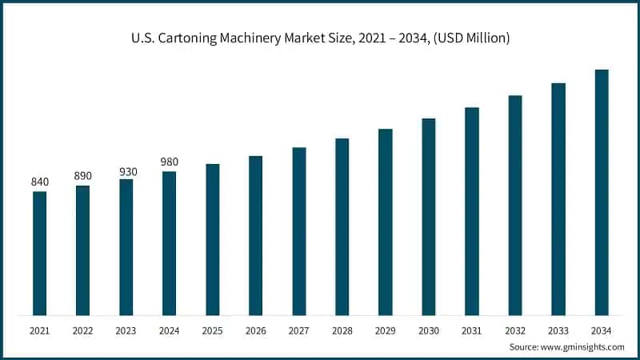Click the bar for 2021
[x=39, y=253]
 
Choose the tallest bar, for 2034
[x=602, y=192]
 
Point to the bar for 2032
[x=515, y=205]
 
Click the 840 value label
[x=39, y=182]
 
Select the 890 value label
[x=82, y=176]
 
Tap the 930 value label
[x=126, y=170]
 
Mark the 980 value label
[x=169, y=162]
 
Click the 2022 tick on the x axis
[x=82, y=330]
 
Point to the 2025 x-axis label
[x=212, y=330]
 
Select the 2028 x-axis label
[x=342, y=330]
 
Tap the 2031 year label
[x=472, y=330]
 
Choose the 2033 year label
[x=558, y=330]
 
